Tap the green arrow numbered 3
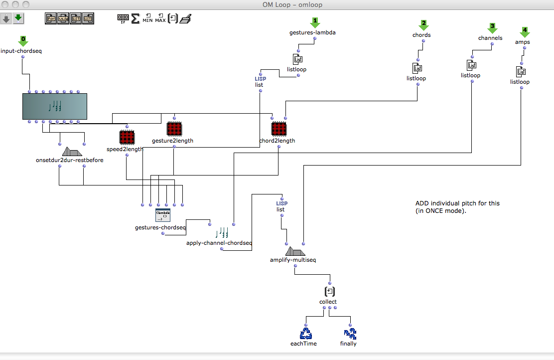tap(492, 28)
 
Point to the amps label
tap(522, 42)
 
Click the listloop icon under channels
tap(471, 65)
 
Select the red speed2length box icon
tap(127, 137)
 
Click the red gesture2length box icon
tap(173, 129)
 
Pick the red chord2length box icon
tap(278, 129)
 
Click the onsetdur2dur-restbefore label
tap(70, 160)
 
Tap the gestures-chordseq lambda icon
tap(162, 215)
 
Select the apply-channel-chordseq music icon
tap(222, 232)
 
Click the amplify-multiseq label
tap(293, 260)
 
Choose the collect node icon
tap(329, 291)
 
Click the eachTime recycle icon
tap(305, 333)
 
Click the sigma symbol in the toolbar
tap(135, 19)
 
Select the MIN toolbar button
tap(148, 19)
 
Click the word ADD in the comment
tap(421, 203)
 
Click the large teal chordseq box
tap(55, 106)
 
